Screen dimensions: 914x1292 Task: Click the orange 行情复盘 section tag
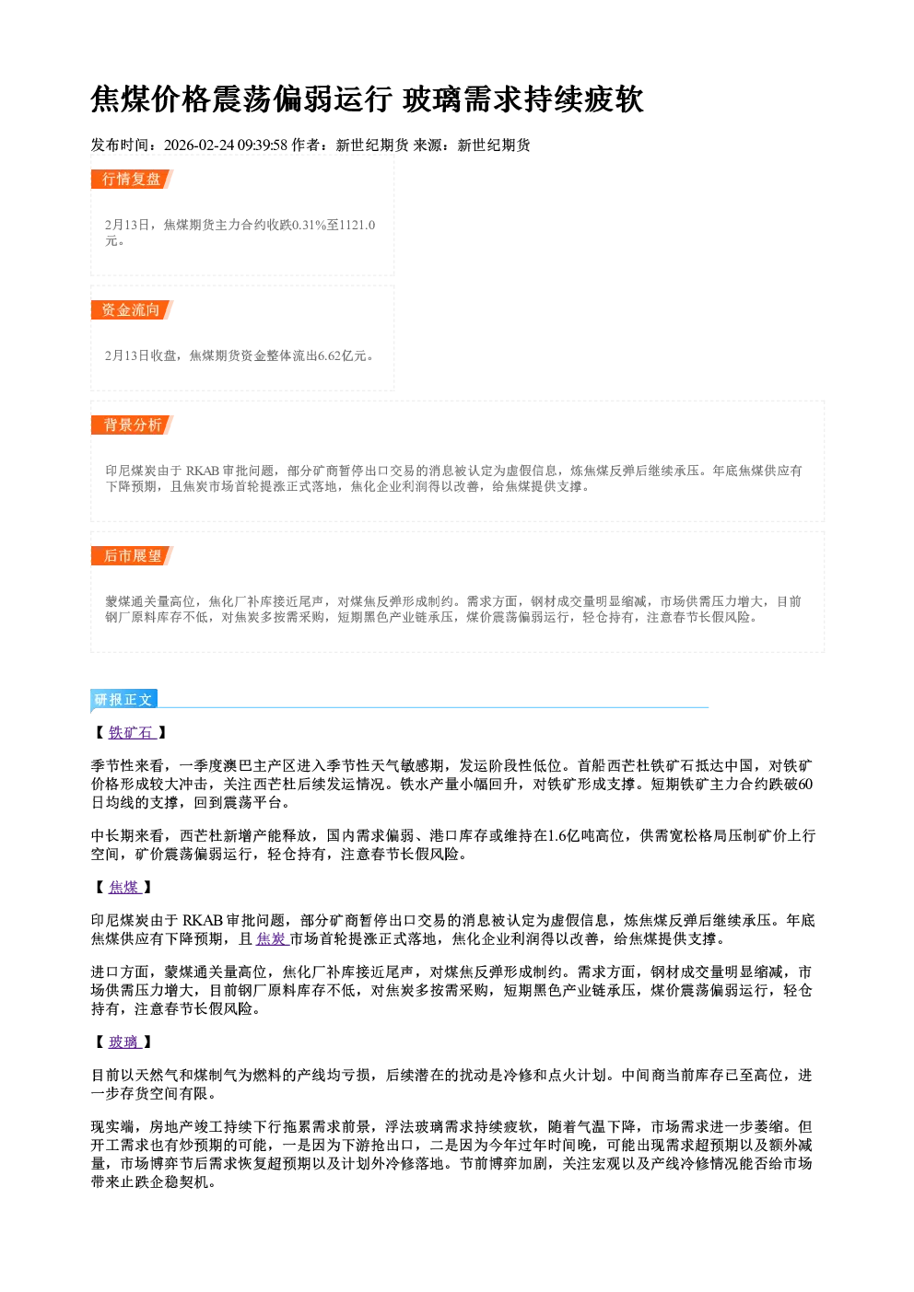(132, 180)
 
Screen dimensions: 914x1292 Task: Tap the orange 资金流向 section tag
(132, 310)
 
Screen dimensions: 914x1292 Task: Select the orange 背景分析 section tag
(132, 425)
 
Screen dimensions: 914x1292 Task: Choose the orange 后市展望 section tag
(132, 556)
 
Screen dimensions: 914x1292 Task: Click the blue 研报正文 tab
(123, 700)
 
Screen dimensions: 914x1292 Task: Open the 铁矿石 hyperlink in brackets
(132, 732)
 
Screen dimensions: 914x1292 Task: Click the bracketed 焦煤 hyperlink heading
(124, 887)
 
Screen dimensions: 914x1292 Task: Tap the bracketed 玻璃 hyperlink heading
(124, 1042)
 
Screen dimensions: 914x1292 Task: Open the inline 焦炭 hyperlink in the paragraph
(273, 939)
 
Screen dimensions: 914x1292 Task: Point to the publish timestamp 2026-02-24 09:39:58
(226, 145)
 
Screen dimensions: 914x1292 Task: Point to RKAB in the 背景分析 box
(202, 471)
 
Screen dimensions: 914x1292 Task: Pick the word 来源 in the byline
(428, 145)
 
